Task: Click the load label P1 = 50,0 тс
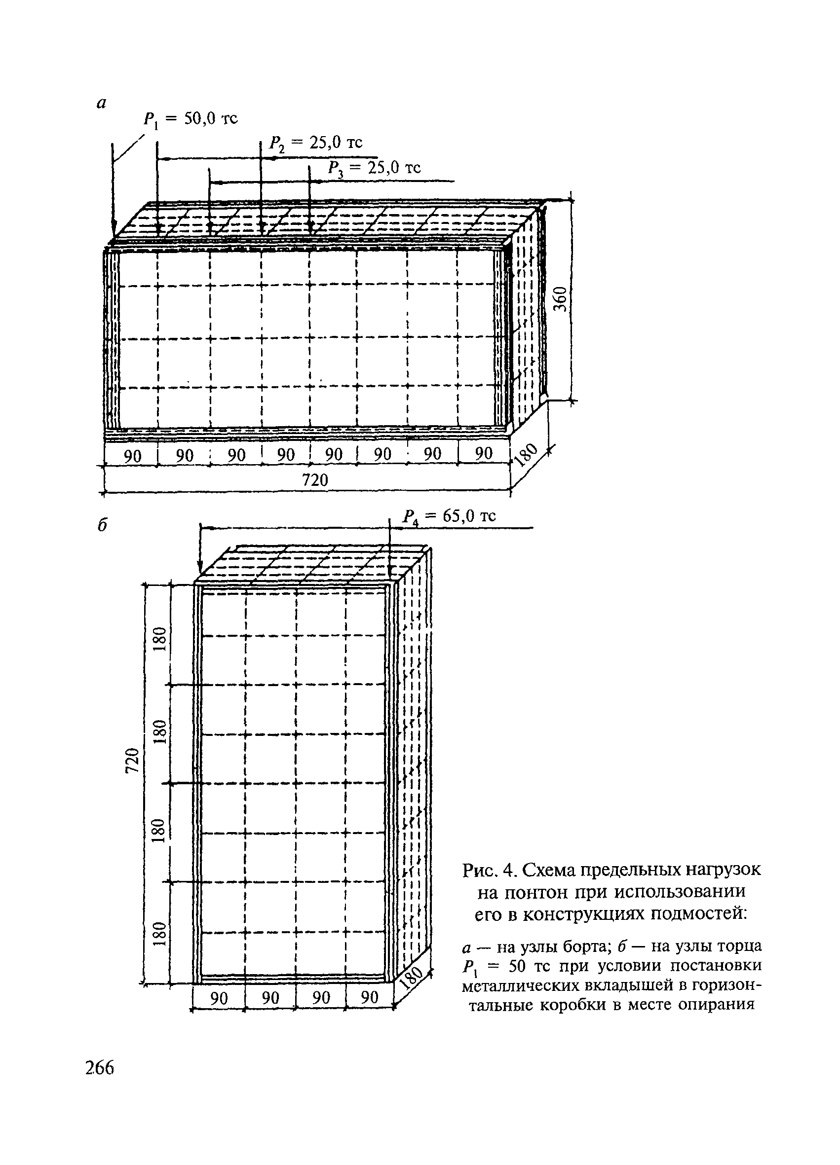coord(190,120)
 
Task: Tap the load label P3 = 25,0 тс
coord(374,168)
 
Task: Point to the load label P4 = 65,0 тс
coord(449,516)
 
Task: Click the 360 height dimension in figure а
coord(561,299)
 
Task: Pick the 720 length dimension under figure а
coord(314,480)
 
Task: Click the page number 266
coord(100,1068)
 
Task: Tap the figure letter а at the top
coord(101,104)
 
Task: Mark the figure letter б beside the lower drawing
coord(103,525)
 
